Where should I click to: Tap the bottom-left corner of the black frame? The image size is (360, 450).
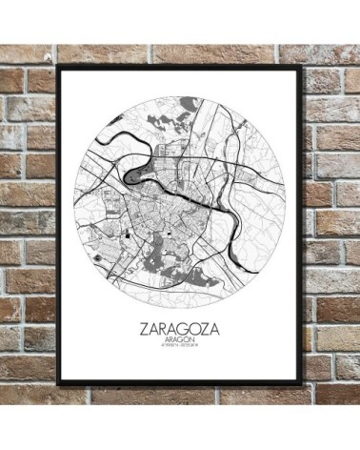[x=59, y=386]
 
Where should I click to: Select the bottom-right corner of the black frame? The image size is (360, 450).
[x=302, y=385]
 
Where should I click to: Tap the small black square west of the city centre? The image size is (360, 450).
[x=126, y=233]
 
